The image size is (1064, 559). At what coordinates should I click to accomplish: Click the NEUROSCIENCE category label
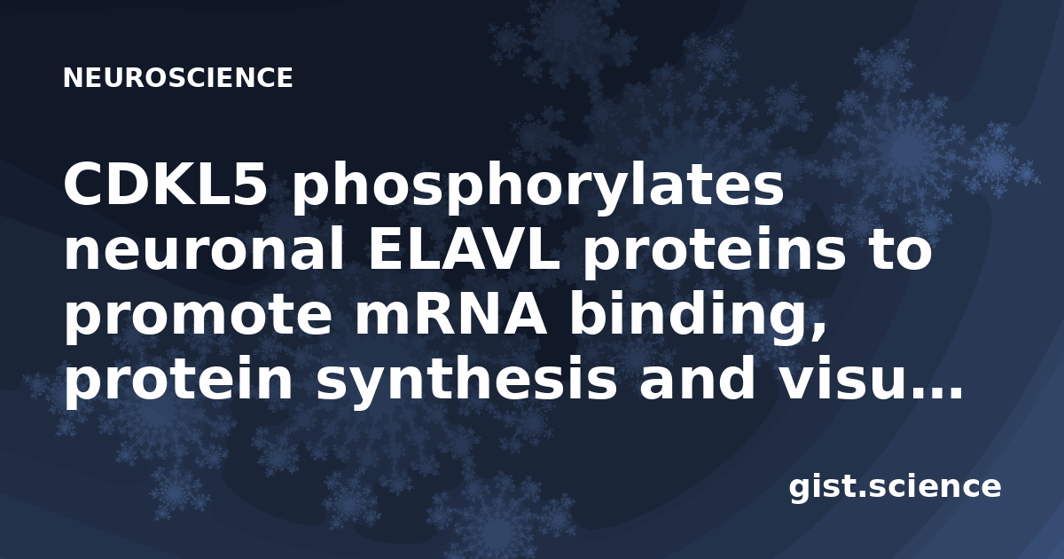point(177,78)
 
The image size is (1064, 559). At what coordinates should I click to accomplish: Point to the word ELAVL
point(464,251)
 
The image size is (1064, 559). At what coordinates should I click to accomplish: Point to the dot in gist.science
point(862,495)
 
